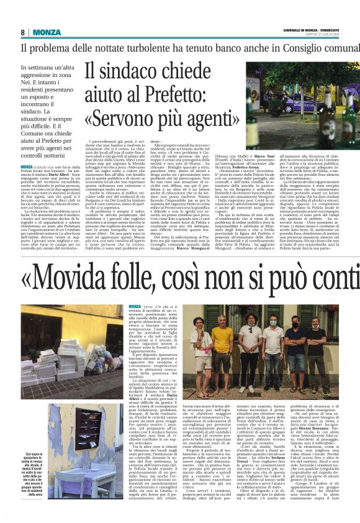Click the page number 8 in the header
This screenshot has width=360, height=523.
click(23, 32)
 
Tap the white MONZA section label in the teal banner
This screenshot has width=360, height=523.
click(47, 32)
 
